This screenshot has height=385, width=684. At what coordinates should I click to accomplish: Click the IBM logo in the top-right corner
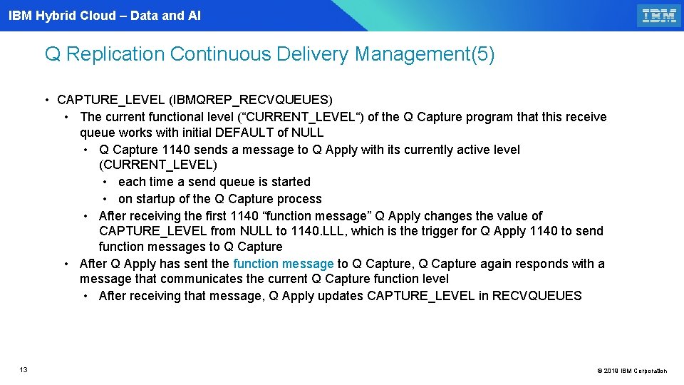click(x=658, y=16)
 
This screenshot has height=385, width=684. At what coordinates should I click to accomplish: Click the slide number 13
click(x=24, y=369)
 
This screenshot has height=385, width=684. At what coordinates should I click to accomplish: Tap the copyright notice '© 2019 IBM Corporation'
click(x=632, y=371)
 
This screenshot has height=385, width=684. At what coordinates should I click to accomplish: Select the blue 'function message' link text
click(x=283, y=264)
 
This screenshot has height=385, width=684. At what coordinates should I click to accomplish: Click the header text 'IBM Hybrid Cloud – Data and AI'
click(x=105, y=15)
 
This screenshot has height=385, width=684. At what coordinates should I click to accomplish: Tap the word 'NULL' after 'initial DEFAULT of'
click(x=307, y=133)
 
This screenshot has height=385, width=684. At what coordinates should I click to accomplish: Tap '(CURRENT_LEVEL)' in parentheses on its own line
click(x=158, y=165)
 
